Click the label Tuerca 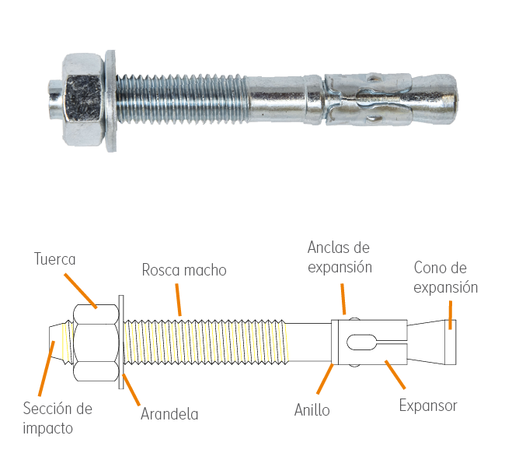click(x=54, y=259)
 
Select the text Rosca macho click(x=184, y=270)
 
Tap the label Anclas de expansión click(x=340, y=257)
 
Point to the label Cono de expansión click(x=445, y=278)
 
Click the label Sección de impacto click(x=57, y=419)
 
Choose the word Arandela click(x=169, y=414)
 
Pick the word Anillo click(x=312, y=410)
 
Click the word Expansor click(x=428, y=406)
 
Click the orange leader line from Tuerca click(x=80, y=291)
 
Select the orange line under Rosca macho click(x=179, y=300)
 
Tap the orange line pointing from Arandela click(x=131, y=389)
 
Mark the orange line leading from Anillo click(x=325, y=379)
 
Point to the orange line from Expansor click(x=395, y=374)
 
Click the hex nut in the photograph click(x=83, y=100)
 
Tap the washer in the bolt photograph click(x=110, y=100)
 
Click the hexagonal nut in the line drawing click(x=96, y=342)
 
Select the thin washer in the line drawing click(x=121, y=342)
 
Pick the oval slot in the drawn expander click(x=362, y=342)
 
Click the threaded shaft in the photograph click(x=182, y=99)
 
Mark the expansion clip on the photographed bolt click(x=368, y=99)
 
